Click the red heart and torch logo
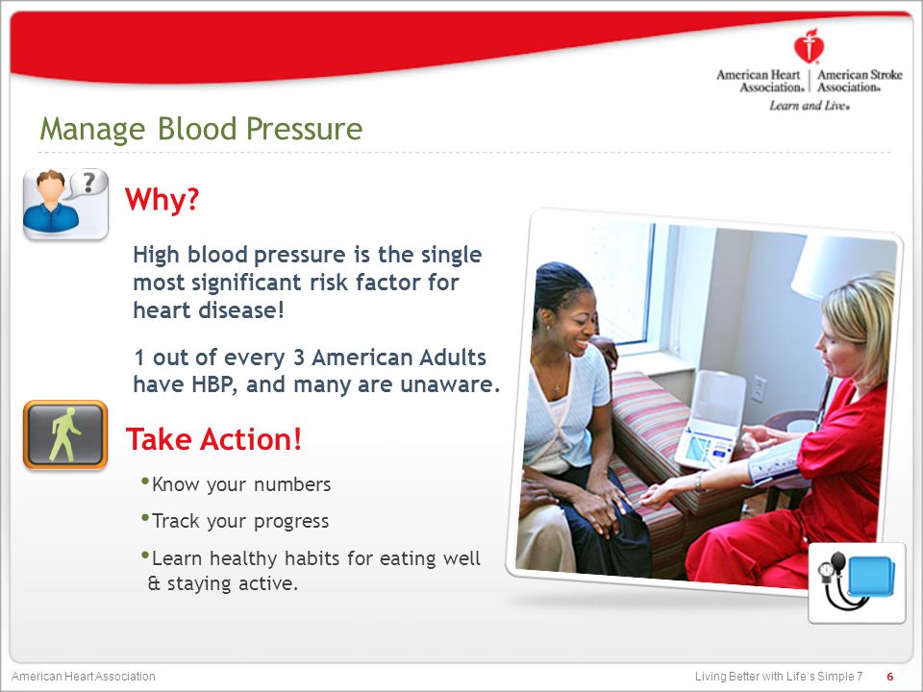(x=809, y=45)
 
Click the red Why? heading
(x=162, y=199)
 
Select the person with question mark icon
(x=65, y=204)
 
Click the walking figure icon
(x=65, y=434)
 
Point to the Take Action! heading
(x=213, y=439)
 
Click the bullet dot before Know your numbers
(x=145, y=482)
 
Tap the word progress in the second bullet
(x=291, y=522)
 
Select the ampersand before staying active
(x=154, y=583)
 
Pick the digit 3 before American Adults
(x=298, y=358)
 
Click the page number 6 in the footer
(x=890, y=676)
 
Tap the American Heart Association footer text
(x=84, y=676)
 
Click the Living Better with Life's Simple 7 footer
(x=779, y=676)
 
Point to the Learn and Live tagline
(x=810, y=106)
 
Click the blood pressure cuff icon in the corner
(x=857, y=582)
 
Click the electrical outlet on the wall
(x=759, y=388)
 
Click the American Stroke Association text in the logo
(x=860, y=81)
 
